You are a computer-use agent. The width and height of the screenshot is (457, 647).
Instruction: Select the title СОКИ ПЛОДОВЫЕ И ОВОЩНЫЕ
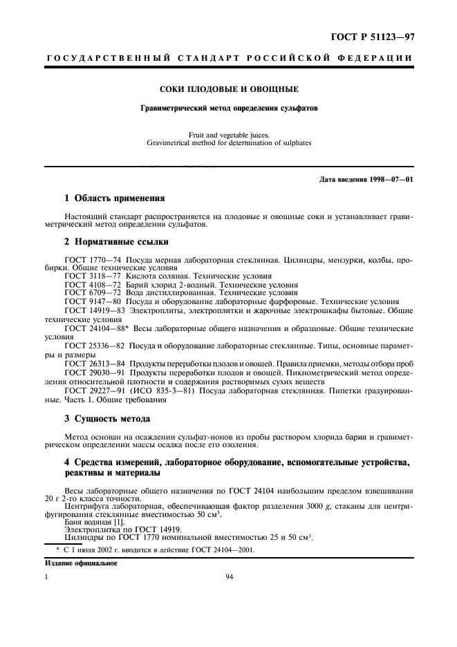[229, 89]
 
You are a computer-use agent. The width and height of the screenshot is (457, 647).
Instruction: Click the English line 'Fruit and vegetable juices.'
[229, 135]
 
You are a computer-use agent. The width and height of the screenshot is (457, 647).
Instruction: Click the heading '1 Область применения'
[114, 198]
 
